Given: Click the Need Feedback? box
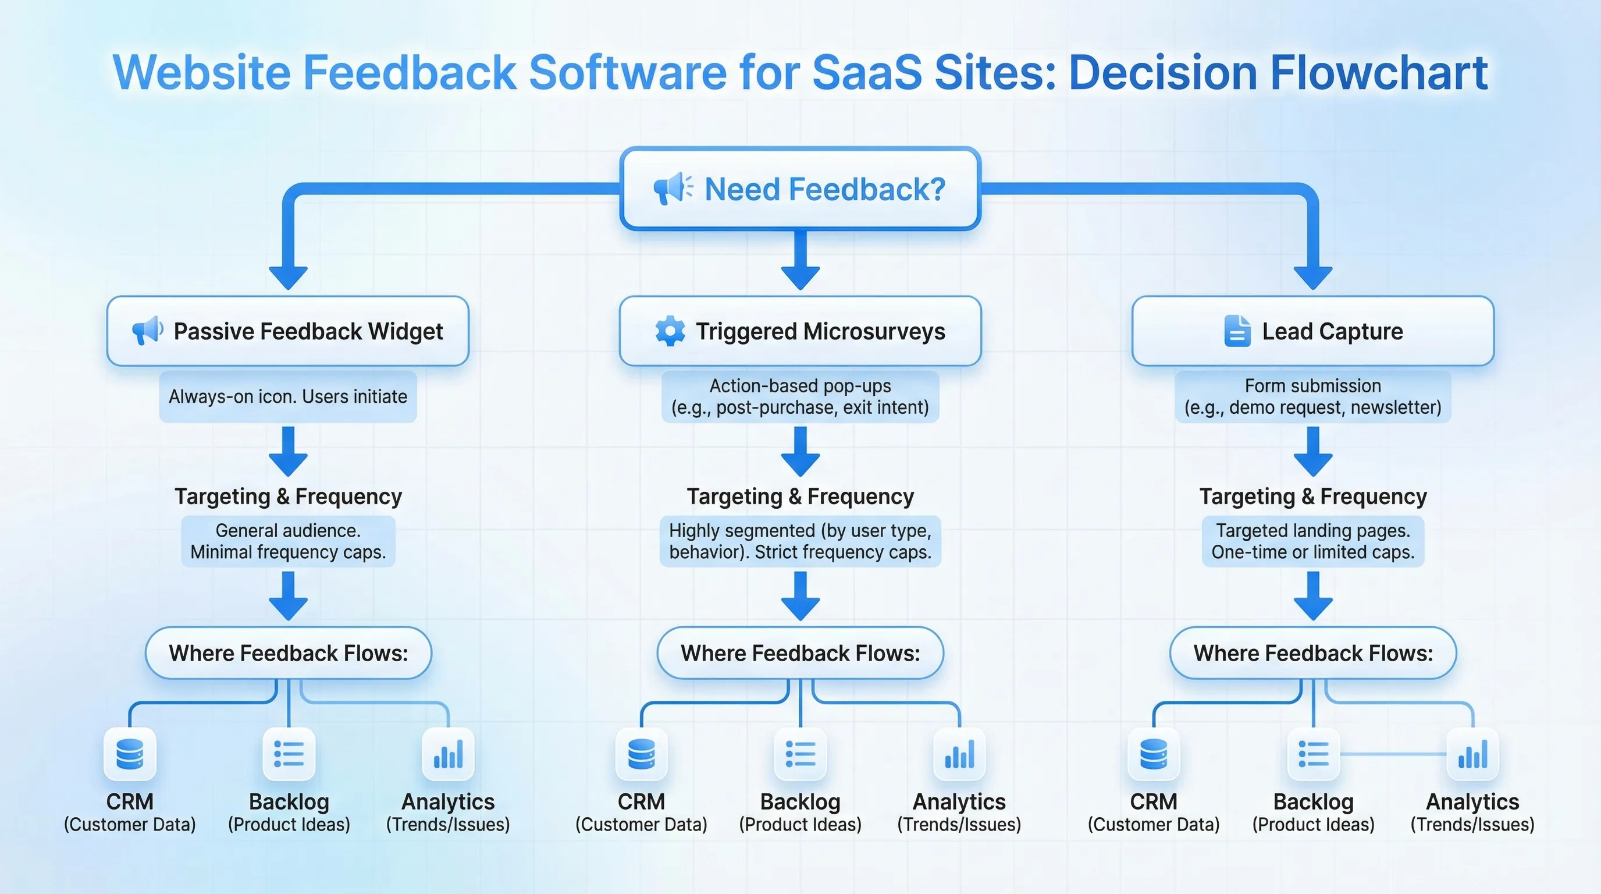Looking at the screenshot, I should [800, 189].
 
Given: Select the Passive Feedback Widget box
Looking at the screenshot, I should [288, 331].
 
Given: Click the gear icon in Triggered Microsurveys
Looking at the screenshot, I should [670, 331].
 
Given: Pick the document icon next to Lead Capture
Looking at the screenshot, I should [1237, 331].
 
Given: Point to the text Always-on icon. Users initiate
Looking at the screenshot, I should [288, 396].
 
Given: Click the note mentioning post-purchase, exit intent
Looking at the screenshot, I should [800, 396].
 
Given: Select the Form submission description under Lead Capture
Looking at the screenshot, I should [1312, 396].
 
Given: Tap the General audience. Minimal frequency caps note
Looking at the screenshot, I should [288, 541].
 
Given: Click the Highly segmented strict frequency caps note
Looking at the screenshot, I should [800, 541].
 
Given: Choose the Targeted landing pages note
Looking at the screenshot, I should [1312, 541].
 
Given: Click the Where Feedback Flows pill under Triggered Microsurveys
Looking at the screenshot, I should [800, 653].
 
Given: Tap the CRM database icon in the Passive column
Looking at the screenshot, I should [130, 754].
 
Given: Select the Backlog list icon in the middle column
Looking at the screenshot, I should [800, 754].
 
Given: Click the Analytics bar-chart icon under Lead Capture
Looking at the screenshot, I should [1472, 754].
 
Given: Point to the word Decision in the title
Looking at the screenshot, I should [1162, 73].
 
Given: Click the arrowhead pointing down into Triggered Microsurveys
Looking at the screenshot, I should [800, 276].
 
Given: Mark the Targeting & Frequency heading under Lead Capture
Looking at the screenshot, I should [1312, 496].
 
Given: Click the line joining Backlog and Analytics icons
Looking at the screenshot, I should [1393, 754].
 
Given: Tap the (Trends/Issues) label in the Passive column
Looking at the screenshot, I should [447, 824].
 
